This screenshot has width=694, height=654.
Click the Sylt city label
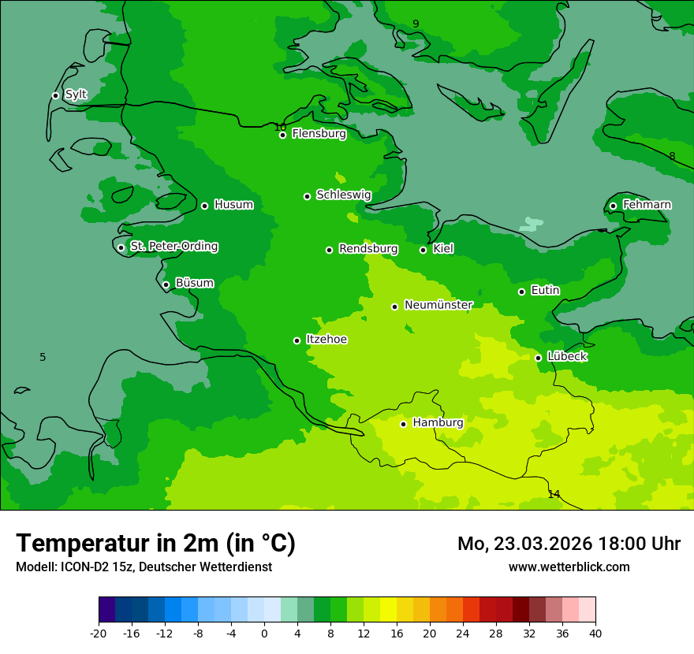pyautogui.click(x=76, y=95)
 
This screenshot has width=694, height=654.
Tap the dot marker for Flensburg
pyautogui.click(x=282, y=135)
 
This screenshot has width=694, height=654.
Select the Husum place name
pyautogui.click(x=233, y=205)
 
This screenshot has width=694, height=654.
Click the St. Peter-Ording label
pyautogui.click(x=173, y=247)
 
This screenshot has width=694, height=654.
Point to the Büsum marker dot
pyautogui.click(x=166, y=285)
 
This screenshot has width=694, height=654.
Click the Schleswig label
pyautogui.click(x=343, y=195)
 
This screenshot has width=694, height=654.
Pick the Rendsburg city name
pyautogui.click(x=368, y=249)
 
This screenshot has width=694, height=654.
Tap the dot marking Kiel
pyautogui.click(x=423, y=250)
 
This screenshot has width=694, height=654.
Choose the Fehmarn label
pyautogui.click(x=647, y=205)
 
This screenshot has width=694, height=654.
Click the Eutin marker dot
pyautogui.click(x=521, y=292)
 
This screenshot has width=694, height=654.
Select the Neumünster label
pyautogui.click(x=438, y=305)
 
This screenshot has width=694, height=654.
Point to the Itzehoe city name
pyautogui.click(x=326, y=340)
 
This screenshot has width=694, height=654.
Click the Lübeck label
pyautogui.click(x=566, y=356)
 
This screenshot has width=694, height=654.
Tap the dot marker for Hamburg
pyautogui.click(x=403, y=424)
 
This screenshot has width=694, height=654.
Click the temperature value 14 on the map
pyautogui.click(x=554, y=494)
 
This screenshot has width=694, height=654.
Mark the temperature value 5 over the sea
pyautogui.click(x=43, y=357)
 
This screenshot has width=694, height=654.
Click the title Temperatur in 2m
pyautogui.click(x=155, y=543)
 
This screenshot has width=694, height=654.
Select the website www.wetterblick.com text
pyautogui.click(x=569, y=567)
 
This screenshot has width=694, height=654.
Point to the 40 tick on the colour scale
pyautogui.click(x=595, y=633)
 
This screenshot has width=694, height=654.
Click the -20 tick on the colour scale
pyautogui.click(x=98, y=633)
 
